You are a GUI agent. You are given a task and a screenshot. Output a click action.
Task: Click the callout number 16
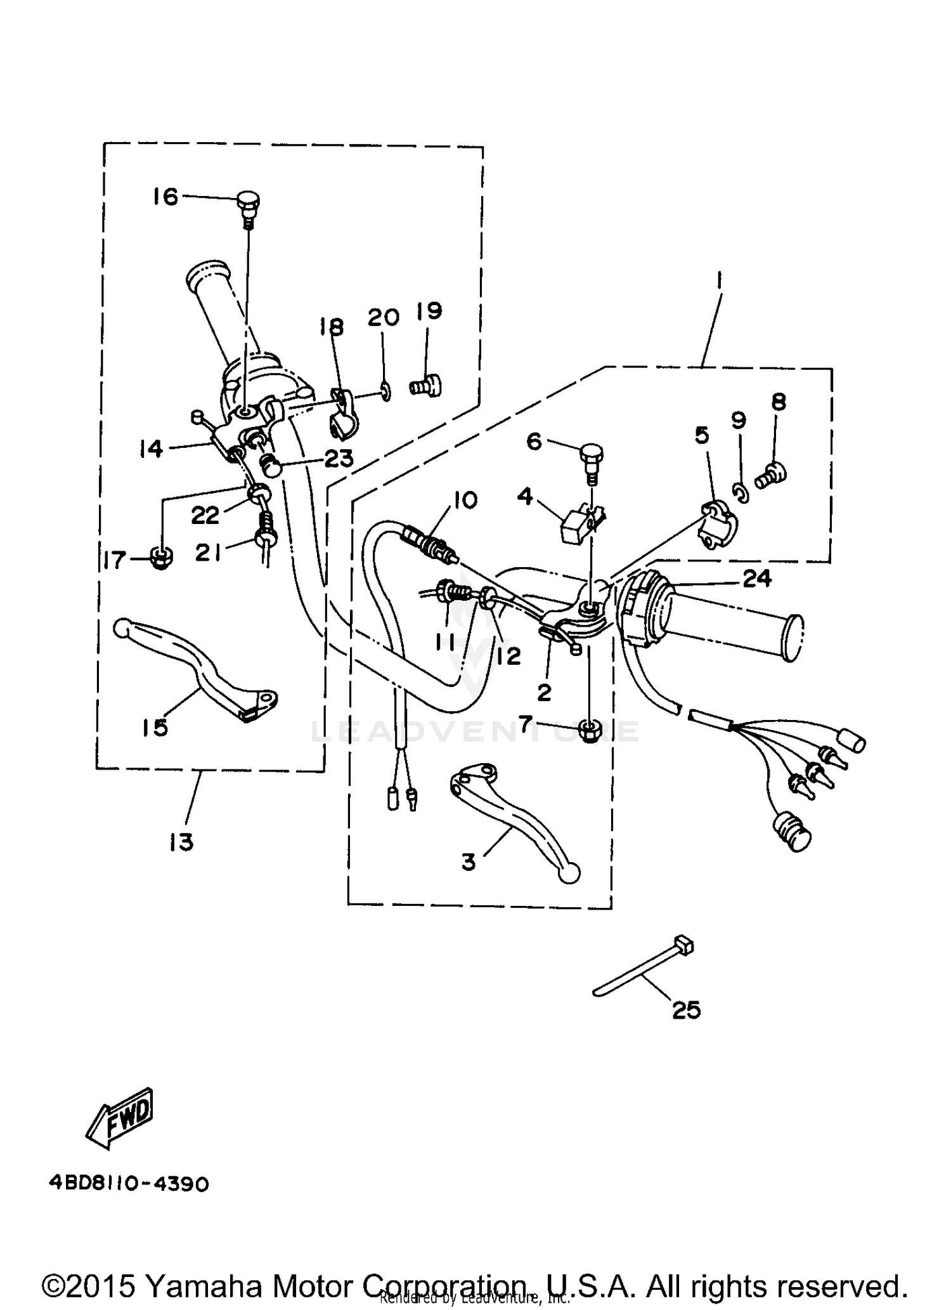pyautogui.click(x=165, y=197)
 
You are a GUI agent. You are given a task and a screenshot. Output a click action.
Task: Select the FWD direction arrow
pyautogui.click(x=120, y=1120)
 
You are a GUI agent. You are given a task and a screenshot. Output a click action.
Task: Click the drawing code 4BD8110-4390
pyautogui.click(x=129, y=1184)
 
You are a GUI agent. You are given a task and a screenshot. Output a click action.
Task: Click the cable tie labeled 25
pyautogui.click(x=640, y=968)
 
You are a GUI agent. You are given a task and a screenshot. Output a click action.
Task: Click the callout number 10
pyautogui.click(x=465, y=500)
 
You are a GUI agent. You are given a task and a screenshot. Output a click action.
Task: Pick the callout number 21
pyautogui.click(x=207, y=553)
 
